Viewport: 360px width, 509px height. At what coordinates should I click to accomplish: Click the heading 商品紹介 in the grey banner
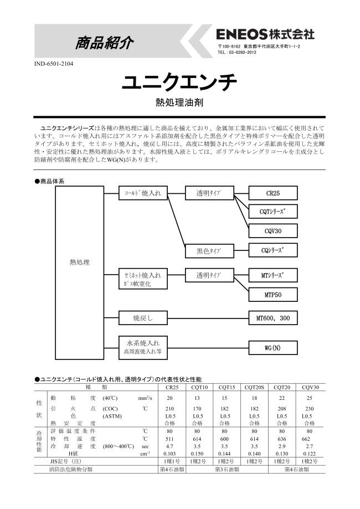point(104,43)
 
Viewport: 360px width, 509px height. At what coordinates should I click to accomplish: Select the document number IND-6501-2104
point(54,64)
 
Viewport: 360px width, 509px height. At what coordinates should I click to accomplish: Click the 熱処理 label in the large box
point(80,262)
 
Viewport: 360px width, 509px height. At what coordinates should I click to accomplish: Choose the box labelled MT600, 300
point(273,317)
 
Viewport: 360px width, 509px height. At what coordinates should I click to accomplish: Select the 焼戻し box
point(143,317)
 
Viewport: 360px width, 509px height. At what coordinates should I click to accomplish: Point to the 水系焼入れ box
point(143,346)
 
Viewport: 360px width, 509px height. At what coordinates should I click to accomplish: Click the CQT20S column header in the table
point(254,387)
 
